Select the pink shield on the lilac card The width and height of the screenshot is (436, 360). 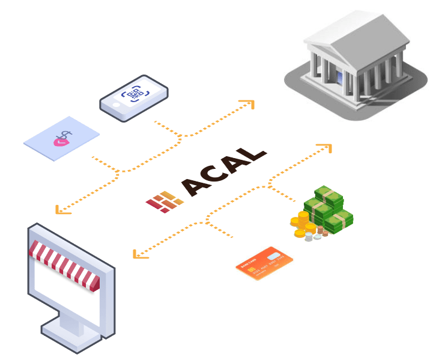[x=60, y=142]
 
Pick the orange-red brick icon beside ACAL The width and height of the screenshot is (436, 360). [x=164, y=201]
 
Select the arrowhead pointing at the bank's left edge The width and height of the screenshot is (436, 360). [x=249, y=105]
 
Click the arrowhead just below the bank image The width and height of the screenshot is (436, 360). [x=325, y=148]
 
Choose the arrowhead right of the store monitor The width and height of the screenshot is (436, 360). [x=139, y=253]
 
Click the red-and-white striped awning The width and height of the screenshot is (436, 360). [x=63, y=262]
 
